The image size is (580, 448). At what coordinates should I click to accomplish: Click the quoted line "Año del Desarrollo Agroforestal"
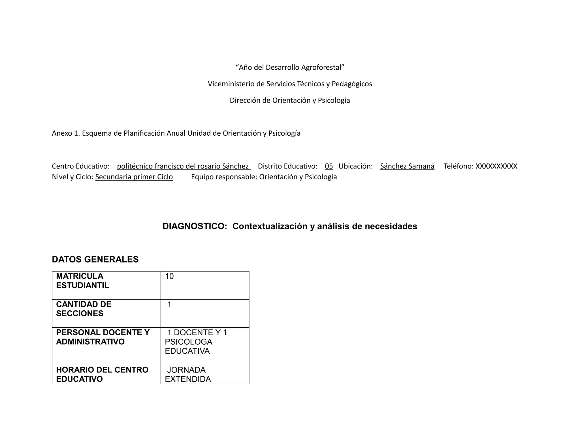click(x=290, y=67)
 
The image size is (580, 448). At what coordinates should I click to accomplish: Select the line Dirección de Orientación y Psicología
click(x=290, y=100)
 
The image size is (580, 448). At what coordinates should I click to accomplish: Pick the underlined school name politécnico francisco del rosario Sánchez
click(x=183, y=166)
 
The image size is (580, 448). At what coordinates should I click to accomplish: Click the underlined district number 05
click(x=329, y=166)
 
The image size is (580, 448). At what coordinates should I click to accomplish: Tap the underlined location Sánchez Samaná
click(x=407, y=166)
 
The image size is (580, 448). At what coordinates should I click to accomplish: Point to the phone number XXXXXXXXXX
click(x=496, y=166)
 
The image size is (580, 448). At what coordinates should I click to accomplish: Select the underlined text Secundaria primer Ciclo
click(x=134, y=177)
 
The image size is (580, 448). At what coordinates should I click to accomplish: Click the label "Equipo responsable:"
click(x=224, y=177)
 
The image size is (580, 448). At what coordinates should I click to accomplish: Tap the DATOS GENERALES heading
click(x=95, y=259)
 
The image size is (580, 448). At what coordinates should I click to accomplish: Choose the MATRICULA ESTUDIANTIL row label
click(x=82, y=281)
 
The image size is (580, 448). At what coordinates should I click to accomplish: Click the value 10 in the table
click(x=169, y=276)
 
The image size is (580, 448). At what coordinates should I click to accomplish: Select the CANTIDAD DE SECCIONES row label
click(x=84, y=309)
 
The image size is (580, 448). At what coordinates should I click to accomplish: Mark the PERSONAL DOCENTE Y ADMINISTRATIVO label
click(x=103, y=337)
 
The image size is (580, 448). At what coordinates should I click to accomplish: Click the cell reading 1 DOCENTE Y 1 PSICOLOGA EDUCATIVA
click(x=195, y=342)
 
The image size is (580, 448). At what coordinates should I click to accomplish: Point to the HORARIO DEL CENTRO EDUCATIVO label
click(x=102, y=374)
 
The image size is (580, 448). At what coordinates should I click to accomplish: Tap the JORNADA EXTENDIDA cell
click(x=188, y=374)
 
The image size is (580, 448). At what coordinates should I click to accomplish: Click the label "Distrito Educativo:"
click(x=287, y=166)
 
